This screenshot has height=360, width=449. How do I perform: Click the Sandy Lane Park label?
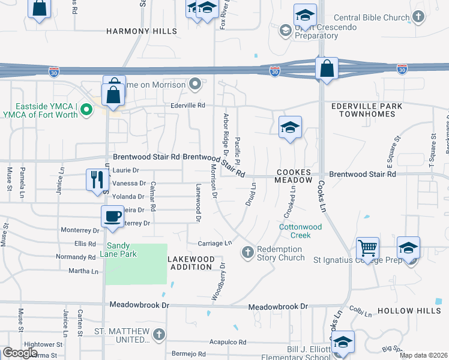tap(122, 250)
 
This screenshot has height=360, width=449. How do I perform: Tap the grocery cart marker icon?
tap(367, 247)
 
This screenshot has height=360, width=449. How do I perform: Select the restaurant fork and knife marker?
tap(96, 179)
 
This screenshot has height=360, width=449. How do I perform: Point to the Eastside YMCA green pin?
tap(86, 109)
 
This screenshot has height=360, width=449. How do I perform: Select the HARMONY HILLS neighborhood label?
tap(142, 31)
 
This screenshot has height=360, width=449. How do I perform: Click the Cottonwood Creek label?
tap(295, 231)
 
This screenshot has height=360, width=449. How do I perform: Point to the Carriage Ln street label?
tap(214, 243)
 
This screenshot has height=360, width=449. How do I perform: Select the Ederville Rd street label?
tap(188, 105)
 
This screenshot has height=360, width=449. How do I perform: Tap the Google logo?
tap(20, 353)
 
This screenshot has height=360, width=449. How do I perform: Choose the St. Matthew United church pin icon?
tap(158, 334)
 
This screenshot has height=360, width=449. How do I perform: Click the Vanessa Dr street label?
tap(129, 184)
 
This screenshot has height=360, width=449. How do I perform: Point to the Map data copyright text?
tap(423, 355)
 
